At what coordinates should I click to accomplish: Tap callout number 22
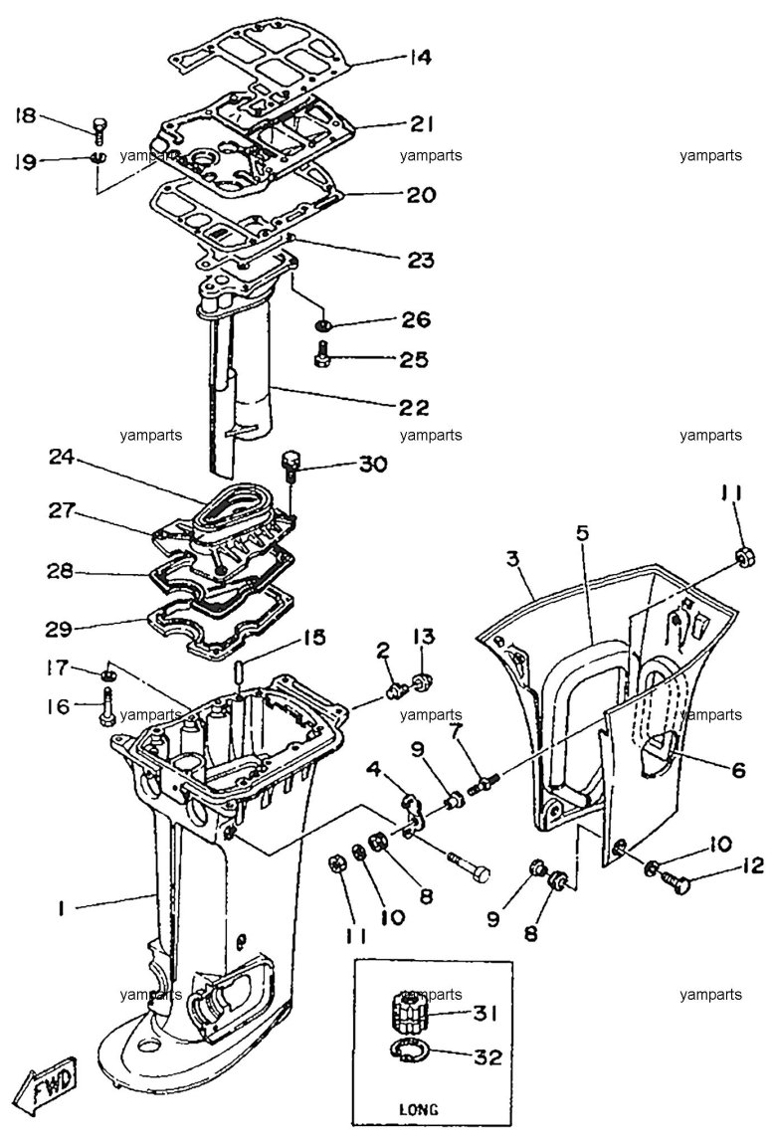pos(413,407)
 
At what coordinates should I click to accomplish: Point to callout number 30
pos(372,464)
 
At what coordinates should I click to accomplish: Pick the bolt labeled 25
pos(321,357)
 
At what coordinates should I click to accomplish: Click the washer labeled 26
pos(322,323)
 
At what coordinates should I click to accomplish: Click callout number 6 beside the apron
pos(737,769)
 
